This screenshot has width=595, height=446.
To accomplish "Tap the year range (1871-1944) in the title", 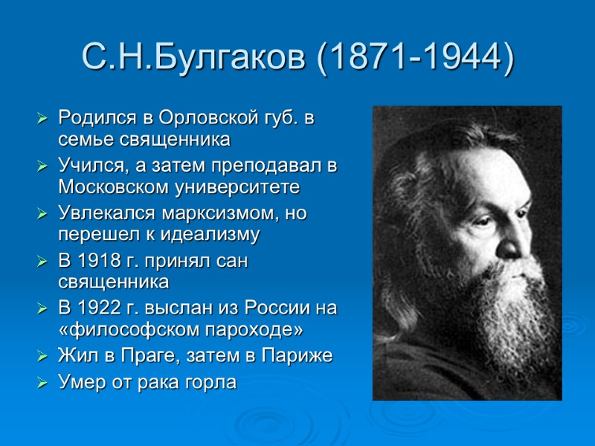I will (415, 57).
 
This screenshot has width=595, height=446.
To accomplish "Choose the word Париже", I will (303, 356).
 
